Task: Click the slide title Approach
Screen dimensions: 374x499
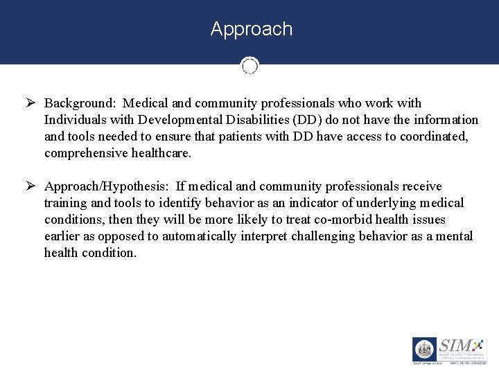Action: (x=251, y=29)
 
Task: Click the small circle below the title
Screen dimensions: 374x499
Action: (x=249, y=66)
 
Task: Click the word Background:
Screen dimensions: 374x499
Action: (x=80, y=103)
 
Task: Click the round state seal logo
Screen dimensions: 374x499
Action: (x=424, y=349)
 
